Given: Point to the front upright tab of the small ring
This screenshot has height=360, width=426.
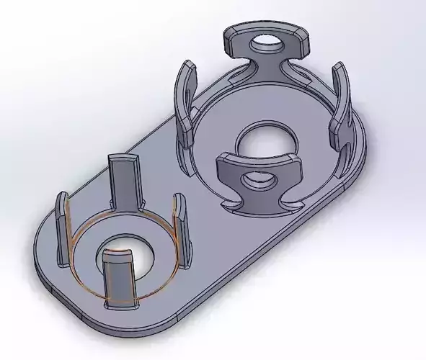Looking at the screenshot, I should (117, 277).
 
